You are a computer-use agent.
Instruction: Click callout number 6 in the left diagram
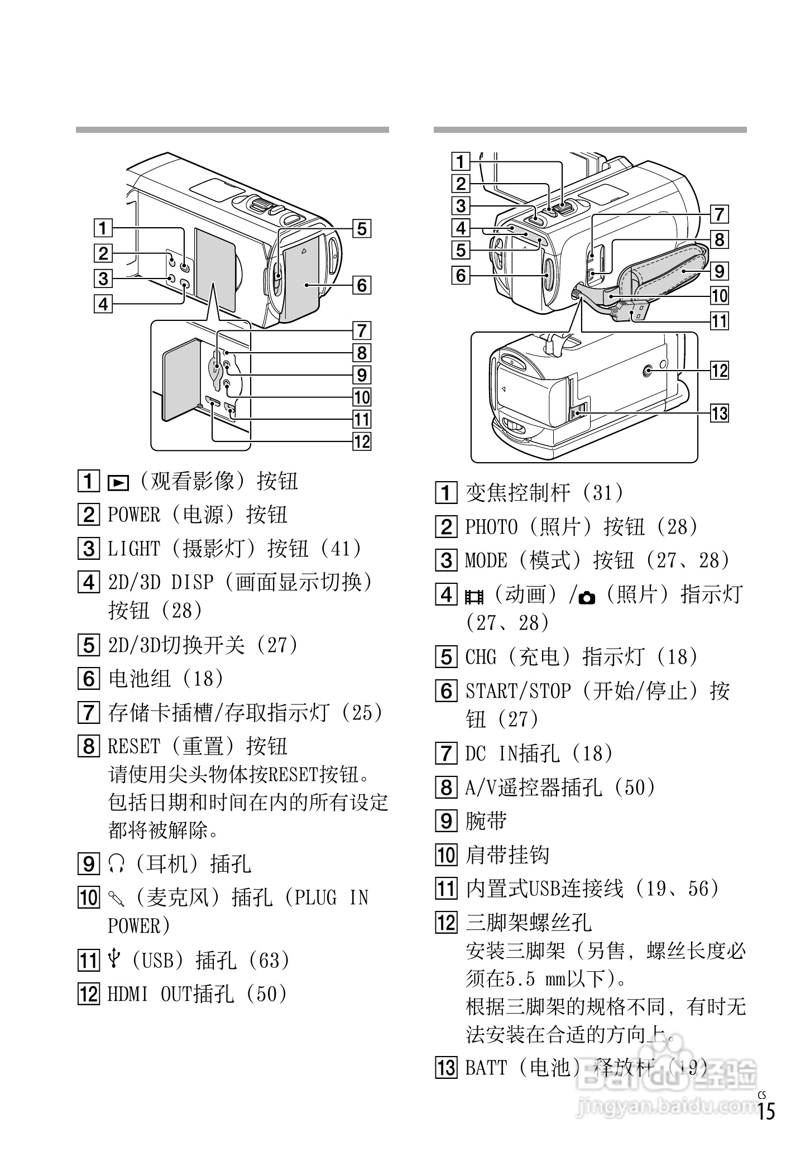[x=362, y=285]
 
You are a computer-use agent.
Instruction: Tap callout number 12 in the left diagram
[x=362, y=441]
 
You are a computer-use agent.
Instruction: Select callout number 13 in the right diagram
[x=719, y=413]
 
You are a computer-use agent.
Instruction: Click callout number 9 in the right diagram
[x=719, y=271]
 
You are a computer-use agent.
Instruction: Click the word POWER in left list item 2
[x=134, y=515]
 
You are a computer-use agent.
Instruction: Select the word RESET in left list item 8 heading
[x=134, y=746]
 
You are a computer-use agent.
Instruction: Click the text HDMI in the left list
[x=127, y=994]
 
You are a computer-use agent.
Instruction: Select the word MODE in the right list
[x=486, y=560]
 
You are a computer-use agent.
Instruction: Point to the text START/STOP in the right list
[x=518, y=692]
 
